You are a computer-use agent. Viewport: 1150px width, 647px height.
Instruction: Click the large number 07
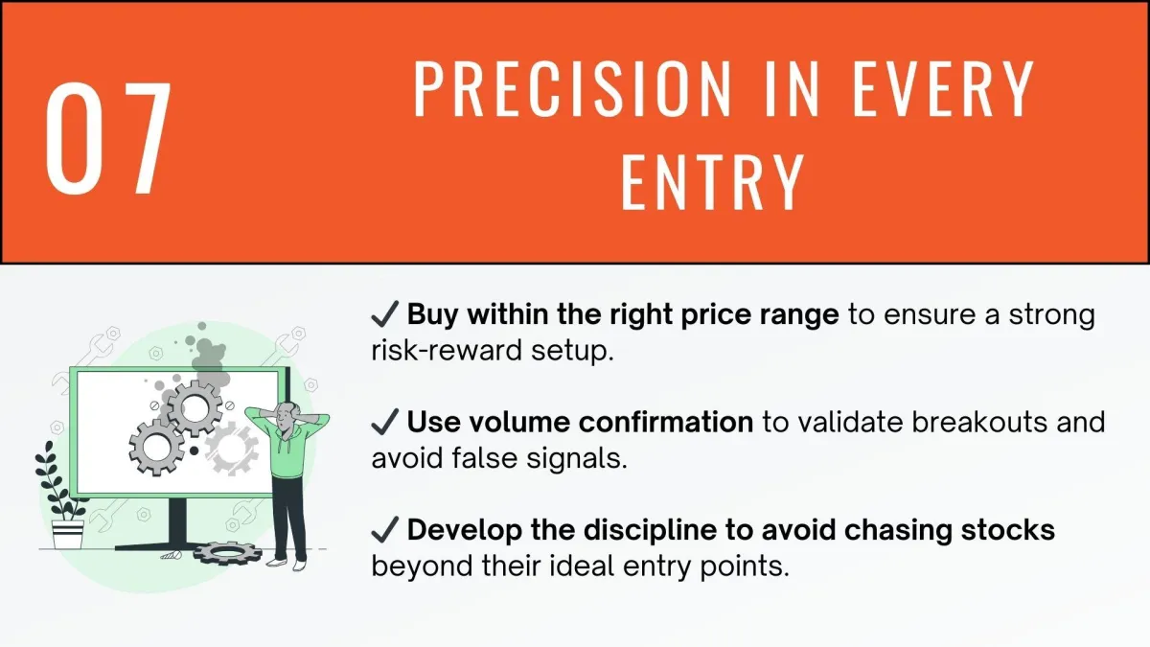click(108, 139)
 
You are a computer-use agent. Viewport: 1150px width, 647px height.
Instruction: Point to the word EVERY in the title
click(943, 89)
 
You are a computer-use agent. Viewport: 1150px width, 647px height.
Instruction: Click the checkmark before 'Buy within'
click(385, 313)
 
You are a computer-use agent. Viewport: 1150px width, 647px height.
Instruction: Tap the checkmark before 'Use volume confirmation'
click(385, 422)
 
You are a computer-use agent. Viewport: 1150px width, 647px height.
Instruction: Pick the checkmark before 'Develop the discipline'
click(385, 530)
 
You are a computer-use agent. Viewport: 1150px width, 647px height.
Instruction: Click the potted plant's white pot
click(68, 535)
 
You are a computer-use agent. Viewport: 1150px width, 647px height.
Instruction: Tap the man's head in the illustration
click(286, 415)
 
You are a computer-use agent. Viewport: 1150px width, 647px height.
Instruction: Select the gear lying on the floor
click(227, 553)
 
